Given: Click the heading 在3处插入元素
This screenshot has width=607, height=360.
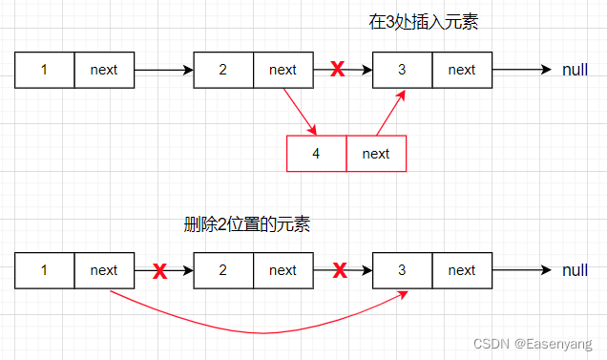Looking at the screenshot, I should coord(423,22).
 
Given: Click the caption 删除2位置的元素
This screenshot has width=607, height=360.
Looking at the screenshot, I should coord(247,225).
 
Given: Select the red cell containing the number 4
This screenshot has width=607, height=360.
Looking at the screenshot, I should coord(316,154).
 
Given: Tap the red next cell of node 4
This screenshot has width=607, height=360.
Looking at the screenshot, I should coord(376,154).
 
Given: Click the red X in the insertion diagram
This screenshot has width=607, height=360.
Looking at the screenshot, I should coord(337,70).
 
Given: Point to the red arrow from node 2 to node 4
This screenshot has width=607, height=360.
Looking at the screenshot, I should coord(300,111).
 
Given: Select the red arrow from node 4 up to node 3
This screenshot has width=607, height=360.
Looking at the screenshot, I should coord(390,113).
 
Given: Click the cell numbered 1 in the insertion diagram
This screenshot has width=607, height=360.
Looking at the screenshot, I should coord(45,70).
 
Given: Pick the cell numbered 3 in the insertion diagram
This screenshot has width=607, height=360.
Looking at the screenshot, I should coord(402,70).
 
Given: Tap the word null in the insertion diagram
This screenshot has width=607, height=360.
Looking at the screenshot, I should coord(575,70).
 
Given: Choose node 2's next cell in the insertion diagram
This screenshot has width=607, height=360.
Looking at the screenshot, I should coord(283,70).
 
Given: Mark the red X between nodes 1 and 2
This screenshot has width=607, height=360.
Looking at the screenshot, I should coord(159,271).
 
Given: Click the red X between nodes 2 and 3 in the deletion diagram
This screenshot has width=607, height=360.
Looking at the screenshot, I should coord(339,271).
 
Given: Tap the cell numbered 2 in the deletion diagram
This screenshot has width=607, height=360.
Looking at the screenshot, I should coord(222,270).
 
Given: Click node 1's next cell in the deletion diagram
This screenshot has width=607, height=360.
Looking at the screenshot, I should coord(104,270).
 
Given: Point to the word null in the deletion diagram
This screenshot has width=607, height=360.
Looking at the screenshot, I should coord(575,270).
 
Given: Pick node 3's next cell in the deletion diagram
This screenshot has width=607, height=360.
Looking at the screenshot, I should coord(462,270).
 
